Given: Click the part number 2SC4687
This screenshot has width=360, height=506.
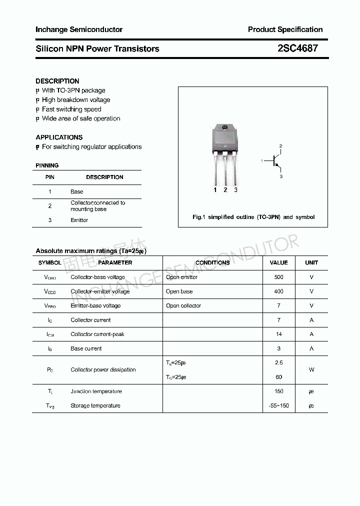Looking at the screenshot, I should (297, 48).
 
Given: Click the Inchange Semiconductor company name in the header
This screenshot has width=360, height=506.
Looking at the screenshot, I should (79, 29).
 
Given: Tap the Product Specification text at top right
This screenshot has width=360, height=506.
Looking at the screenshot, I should (285, 29).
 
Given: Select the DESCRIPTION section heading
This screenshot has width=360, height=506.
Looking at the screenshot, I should (57, 81).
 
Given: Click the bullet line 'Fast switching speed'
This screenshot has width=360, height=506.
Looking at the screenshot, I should (71, 109).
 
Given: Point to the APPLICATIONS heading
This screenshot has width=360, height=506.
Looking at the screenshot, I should (59, 137).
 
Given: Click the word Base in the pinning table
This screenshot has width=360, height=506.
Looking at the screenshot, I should (77, 191).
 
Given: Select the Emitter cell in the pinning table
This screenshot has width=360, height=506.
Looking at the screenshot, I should (79, 220).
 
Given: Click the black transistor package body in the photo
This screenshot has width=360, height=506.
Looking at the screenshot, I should (225, 137).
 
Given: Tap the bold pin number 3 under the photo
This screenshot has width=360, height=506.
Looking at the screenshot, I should (235, 190).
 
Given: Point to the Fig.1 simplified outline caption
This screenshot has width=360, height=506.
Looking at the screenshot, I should (253, 217).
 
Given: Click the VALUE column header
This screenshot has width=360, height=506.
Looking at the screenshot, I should (278, 262).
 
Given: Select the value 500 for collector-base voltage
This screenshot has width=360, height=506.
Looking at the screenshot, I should (278, 277).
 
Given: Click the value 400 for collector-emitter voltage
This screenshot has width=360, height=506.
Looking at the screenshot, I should (278, 291).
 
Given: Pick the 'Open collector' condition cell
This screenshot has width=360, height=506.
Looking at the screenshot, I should (183, 305).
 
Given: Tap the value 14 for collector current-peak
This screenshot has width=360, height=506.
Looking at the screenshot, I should (278, 334).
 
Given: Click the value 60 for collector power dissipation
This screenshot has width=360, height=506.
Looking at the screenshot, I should (278, 377).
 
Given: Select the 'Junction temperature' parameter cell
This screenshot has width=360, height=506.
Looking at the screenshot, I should (96, 391).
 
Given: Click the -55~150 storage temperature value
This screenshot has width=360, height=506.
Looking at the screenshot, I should (278, 405).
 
